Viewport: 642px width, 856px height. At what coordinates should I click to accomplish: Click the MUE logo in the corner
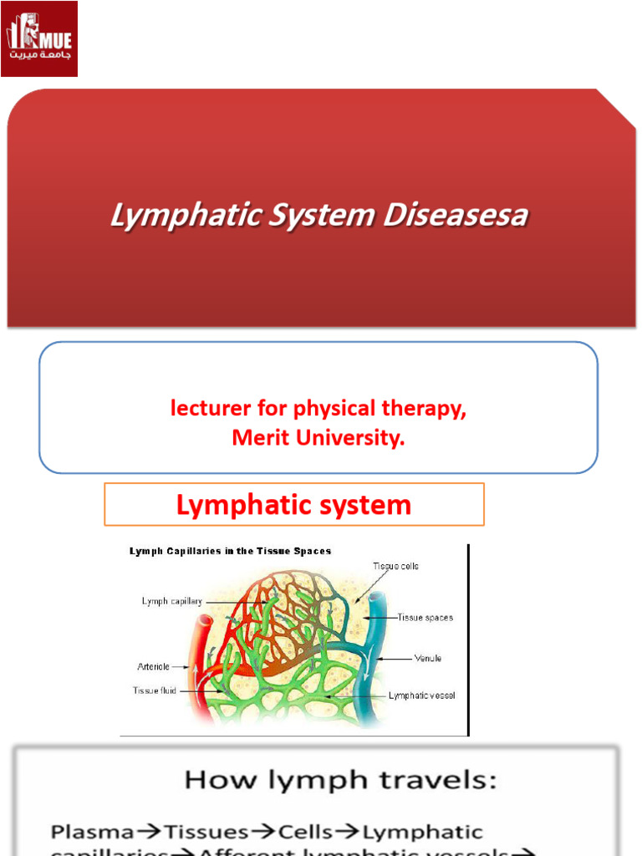(39, 38)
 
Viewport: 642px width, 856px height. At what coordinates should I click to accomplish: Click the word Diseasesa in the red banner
(456, 216)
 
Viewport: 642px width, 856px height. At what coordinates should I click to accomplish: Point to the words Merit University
(318, 438)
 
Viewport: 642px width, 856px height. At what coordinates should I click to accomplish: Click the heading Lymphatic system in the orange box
(293, 505)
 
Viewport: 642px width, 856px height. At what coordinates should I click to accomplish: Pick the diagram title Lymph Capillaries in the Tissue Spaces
(230, 551)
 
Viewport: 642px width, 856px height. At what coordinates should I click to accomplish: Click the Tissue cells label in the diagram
(395, 566)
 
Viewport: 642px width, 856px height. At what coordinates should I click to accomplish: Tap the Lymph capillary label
(171, 601)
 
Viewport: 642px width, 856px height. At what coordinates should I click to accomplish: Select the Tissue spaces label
(425, 618)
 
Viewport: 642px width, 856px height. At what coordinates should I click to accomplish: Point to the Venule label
(428, 659)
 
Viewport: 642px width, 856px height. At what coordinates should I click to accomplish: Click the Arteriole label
(153, 666)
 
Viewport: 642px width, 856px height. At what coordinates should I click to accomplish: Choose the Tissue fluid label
(154, 690)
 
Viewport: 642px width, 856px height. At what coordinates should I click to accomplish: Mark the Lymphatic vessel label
(422, 695)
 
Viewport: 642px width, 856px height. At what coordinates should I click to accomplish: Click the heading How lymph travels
(340, 781)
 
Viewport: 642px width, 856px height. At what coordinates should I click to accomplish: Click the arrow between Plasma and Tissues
(149, 833)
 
